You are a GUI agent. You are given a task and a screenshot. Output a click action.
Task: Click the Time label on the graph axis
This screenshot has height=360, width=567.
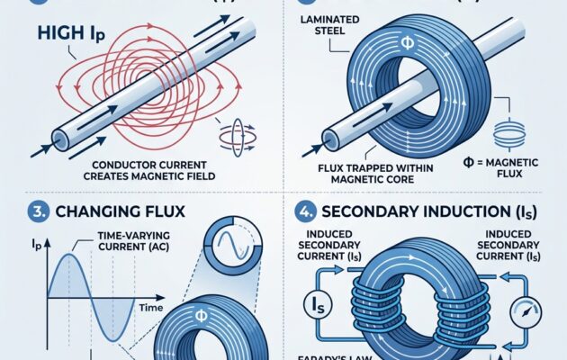click(148, 307)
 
